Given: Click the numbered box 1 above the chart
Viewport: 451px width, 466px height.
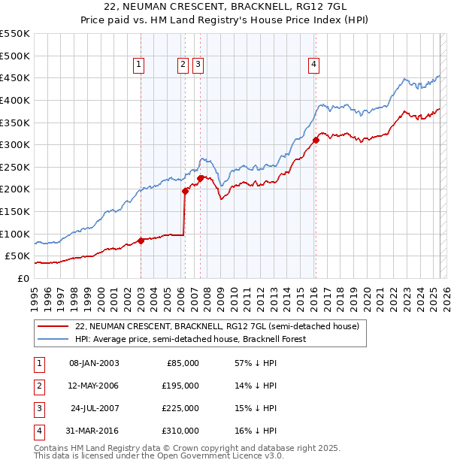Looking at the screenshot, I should [140, 65].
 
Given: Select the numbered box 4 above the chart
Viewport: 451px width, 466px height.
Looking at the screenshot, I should [313, 65].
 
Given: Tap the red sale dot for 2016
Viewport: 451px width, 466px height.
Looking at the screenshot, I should [316, 139].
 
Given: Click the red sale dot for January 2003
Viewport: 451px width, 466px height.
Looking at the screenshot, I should [141, 241].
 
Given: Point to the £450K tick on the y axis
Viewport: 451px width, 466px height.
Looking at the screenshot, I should [16, 77].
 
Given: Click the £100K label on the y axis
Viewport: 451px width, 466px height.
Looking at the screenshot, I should [16, 234].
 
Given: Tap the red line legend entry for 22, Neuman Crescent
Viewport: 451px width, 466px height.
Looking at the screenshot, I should [217, 326].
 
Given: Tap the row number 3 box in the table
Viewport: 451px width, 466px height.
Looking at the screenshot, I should [37, 408].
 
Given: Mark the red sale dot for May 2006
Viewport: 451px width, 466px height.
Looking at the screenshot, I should [185, 191].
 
